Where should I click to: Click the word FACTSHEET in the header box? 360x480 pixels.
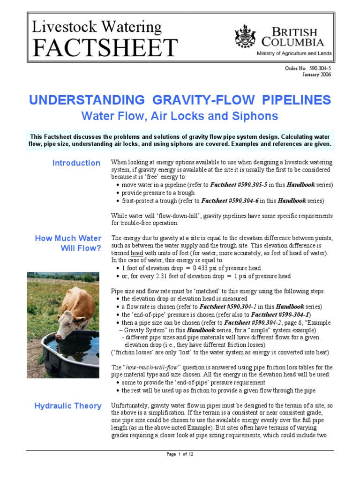[x=105, y=48]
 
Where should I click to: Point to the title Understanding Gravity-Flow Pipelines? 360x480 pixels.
[x=180, y=100]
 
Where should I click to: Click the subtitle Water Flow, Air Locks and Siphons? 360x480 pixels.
[x=180, y=116]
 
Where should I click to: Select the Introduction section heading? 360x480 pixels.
[x=76, y=163]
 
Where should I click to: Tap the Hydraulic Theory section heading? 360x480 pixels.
[x=67, y=406]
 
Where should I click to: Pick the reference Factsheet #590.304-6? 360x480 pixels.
[x=229, y=201]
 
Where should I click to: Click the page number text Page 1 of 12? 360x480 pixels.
[x=180, y=454]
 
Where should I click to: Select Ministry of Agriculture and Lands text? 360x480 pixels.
[x=294, y=53]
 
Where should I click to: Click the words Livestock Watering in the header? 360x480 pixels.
[x=97, y=27]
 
